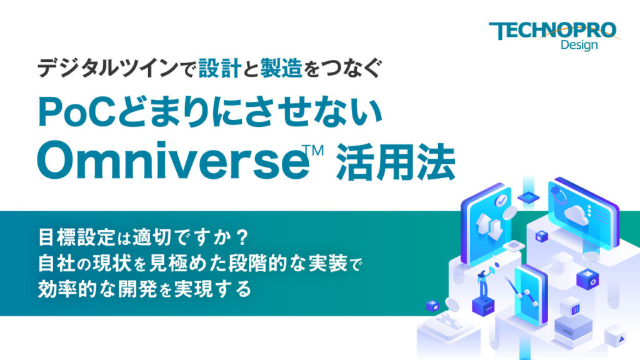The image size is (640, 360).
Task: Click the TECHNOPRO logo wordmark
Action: (552, 31)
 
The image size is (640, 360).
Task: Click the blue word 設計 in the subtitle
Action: (219, 68)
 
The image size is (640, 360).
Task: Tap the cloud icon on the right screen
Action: (573, 215)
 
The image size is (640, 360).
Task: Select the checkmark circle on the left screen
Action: (501, 201)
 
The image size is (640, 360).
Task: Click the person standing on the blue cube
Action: (482, 285)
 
